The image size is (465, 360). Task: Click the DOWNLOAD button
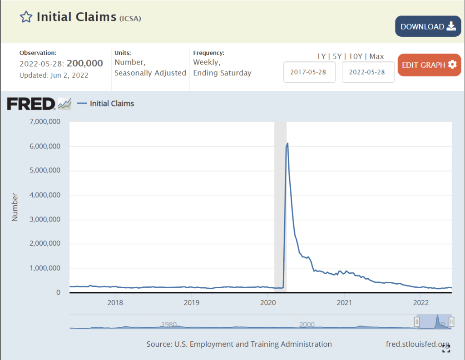click(428, 26)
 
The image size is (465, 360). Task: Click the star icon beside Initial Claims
click(26, 17)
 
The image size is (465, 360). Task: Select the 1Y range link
click(321, 56)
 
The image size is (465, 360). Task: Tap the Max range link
click(377, 56)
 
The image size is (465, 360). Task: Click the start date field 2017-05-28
click(309, 72)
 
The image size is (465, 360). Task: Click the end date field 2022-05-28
click(368, 72)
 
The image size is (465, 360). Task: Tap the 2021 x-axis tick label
click(345, 303)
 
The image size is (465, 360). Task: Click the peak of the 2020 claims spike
click(287, 143)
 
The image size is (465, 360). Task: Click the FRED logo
click(31, 104)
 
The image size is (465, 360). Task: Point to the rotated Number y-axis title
click(15, 207)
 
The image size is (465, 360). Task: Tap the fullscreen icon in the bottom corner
click(446, 348)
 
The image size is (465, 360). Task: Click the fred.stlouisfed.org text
click(417, 344)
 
